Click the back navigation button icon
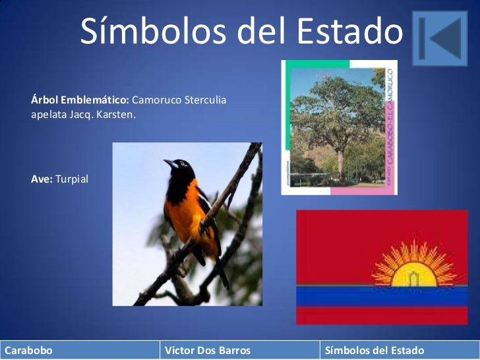pyautogui.click(x=439, y=38)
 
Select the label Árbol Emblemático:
pyautogui.click(x=80, y=101)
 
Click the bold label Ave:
pyautogui.click(x=42, y=179)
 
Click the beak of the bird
pyautogui.click(x=168, y=162)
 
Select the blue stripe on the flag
pyautogui.click(x=382, y=296)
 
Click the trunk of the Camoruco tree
pyautogui.click(x=340, y=162)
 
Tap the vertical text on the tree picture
pyautogui.click(x=390, y=125)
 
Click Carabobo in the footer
pyautogui.click(x=29, y=351)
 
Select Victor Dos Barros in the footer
pyautogui.click(x=208, y=351)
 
